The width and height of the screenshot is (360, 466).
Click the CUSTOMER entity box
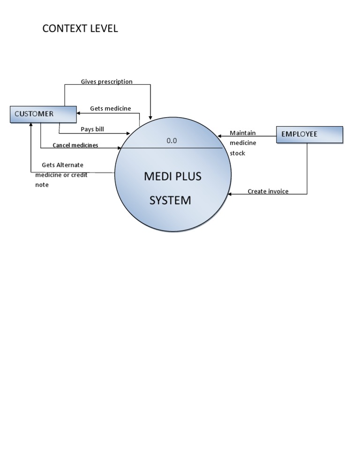point(43,114)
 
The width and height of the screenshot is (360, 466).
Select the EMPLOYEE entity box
point(309,134)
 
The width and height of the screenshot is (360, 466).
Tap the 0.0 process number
point(172,140)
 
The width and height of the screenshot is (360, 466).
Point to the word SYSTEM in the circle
point(170,200)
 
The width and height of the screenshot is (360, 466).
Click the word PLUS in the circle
point(188,176)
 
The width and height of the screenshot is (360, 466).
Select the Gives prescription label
point(106,82)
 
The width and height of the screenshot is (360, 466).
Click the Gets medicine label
point(111,108)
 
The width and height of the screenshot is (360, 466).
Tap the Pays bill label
point(92,129)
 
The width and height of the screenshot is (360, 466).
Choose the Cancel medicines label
point(75,145)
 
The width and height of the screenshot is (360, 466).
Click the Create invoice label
point(268,191)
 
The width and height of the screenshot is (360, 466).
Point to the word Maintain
point(243,133)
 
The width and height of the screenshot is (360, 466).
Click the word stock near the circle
point(237,153)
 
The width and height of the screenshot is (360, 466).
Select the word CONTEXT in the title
point(64,29)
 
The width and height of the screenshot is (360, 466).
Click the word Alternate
point(69,165)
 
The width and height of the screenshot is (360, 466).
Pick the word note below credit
point(42,185)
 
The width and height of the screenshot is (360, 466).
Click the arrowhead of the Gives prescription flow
point(150,117)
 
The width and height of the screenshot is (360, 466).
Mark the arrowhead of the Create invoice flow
point(230,194)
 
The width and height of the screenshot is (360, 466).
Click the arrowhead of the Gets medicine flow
point(79,113)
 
